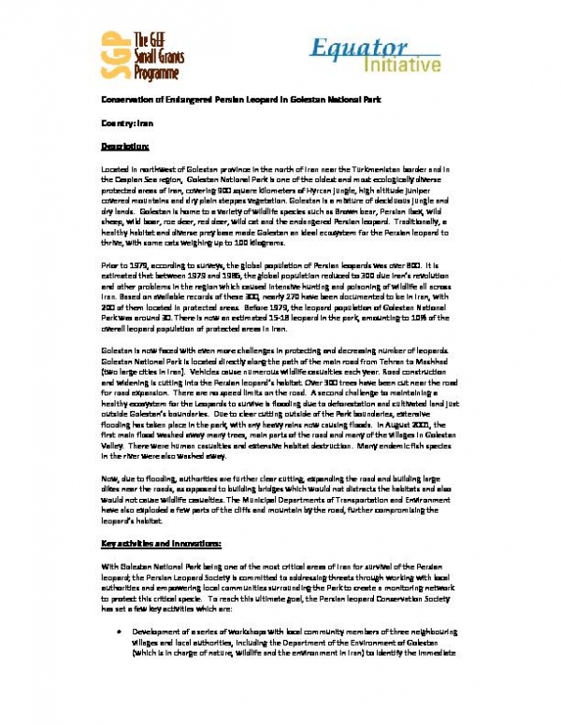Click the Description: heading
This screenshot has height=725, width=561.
[124, 147]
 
